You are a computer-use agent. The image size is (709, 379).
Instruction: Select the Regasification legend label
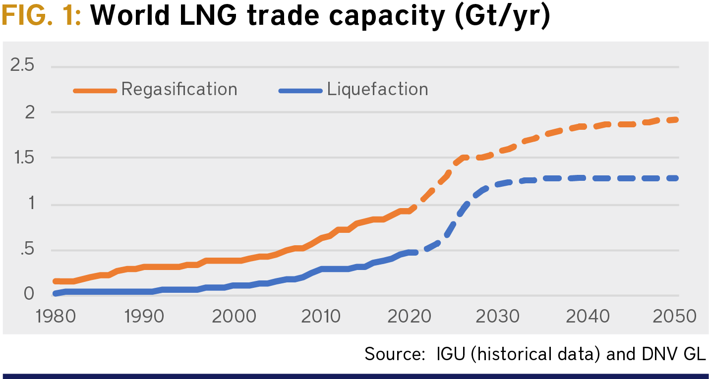point(179,90)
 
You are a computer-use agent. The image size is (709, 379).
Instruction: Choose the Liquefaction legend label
point(377,90)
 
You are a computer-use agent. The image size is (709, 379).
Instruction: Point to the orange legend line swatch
point(95,91)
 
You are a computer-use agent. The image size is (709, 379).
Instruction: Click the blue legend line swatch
point(300,91)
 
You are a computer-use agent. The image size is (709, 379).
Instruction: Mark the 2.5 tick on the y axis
point(22,66)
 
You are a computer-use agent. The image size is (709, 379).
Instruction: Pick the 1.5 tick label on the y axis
point(22,159)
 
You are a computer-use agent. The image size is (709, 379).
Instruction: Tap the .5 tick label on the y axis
point(26,251)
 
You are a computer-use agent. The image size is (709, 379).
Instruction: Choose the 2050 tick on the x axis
point(674,316)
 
